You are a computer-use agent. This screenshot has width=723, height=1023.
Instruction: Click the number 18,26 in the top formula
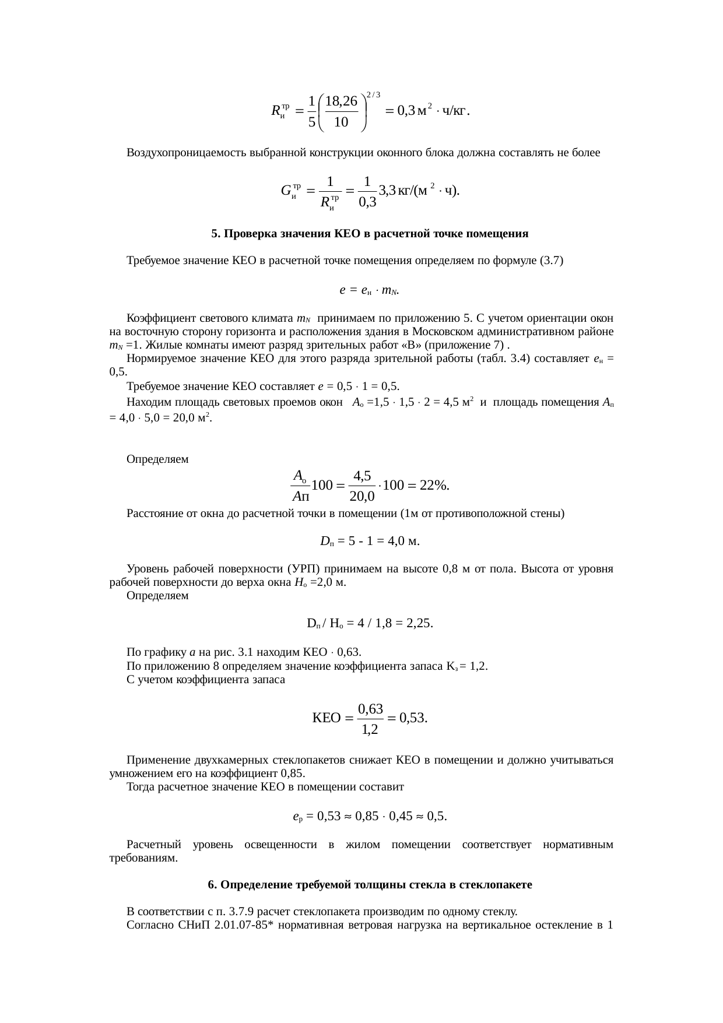point(342,101)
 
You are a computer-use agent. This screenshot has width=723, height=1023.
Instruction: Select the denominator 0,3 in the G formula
point(367,202)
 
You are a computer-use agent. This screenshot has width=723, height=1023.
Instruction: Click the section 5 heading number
point(215,234)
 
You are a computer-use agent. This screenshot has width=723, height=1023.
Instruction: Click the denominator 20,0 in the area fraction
point(362,497)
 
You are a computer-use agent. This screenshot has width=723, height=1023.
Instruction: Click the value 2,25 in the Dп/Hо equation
point(420,623)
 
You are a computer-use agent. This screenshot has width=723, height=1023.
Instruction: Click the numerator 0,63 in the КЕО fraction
point(370,709)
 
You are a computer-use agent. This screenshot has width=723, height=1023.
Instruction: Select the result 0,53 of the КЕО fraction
point(414,718)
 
